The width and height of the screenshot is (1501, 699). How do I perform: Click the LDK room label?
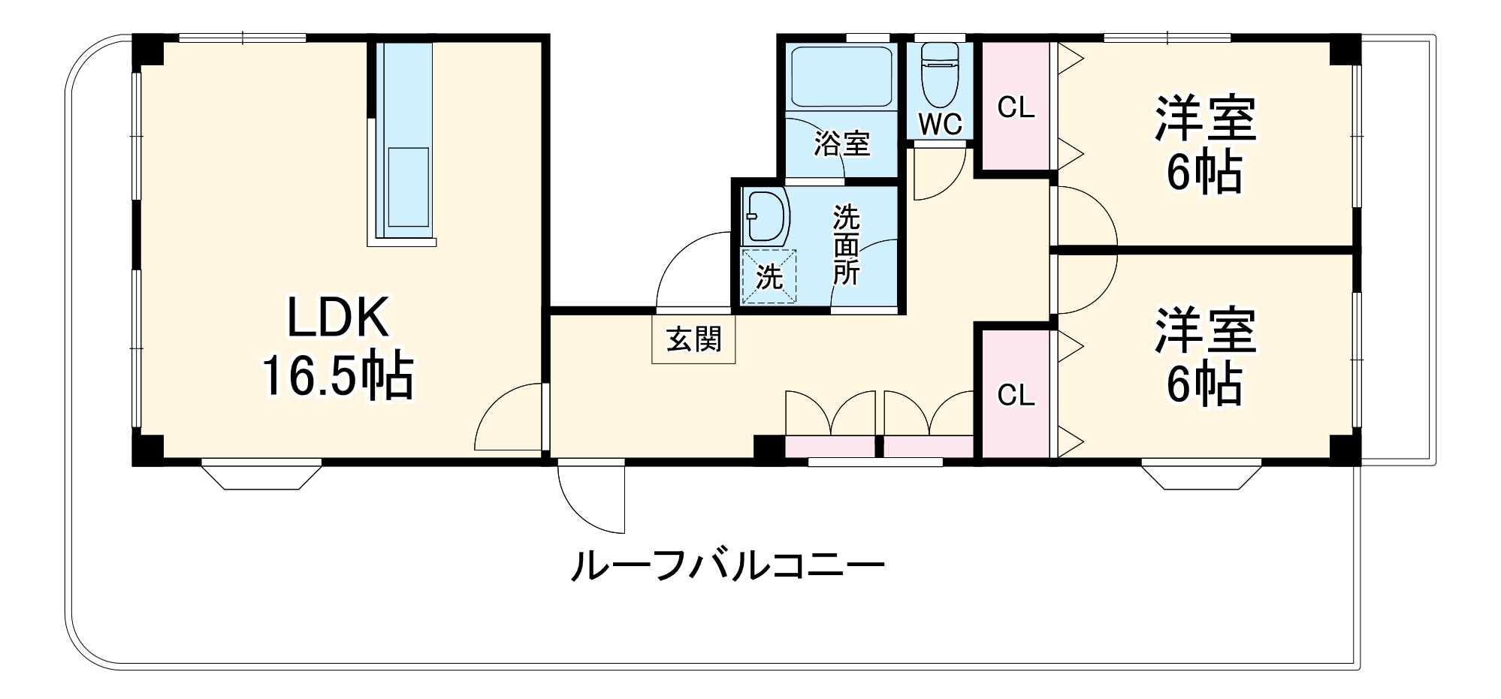pyautogui.click(x=338, y=318)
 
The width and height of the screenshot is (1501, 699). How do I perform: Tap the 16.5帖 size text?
pyautogui.click(x=338, y=376)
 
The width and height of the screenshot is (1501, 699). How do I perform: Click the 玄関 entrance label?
pyautogui.click(x=693, y=339)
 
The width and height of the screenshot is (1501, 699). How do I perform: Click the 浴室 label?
pyautogui.click(x=841, y=143)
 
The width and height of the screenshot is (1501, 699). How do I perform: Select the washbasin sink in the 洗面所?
pyautogui.click(x=765, y=216)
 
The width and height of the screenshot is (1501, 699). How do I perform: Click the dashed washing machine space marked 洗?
pyautogui.click(x=769, y=276)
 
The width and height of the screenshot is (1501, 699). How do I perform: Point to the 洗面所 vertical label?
pyautogui.click(x=846, y=245)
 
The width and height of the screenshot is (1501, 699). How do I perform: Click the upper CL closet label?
pyautogui.click(x=1016, y=107)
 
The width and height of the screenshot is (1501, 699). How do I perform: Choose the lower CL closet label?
pyautogui.click(x=1016, y=394)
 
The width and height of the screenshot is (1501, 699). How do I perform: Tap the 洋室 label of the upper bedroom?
pyautogui.click(x=1205, y=119)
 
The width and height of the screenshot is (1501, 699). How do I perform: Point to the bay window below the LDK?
pyautogui.click(x=261, y=476)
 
